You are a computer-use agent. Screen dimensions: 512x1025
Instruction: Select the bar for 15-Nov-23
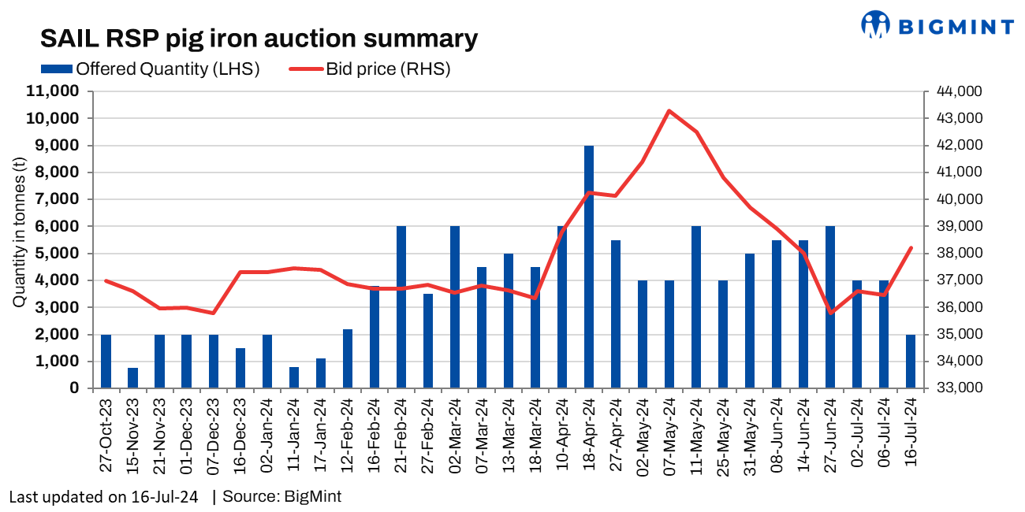[x=132, y=378]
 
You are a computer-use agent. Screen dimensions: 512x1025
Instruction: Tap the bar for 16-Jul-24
[x=911, y=361]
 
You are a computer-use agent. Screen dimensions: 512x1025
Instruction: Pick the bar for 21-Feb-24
[x=401, y=307]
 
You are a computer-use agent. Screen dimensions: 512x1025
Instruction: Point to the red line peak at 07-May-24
[x=669, y=110]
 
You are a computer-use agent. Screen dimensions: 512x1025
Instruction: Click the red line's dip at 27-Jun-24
[x=830, y=313]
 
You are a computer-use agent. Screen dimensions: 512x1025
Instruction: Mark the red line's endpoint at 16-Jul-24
[x=911, y=247]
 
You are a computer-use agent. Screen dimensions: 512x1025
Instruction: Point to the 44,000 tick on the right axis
[x=958, y=91]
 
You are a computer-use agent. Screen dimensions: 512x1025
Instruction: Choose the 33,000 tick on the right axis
[x=958, y=388]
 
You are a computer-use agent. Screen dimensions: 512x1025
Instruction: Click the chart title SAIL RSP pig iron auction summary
[x=259, y=39]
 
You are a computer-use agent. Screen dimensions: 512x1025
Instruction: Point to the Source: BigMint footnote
[x=282, y=497]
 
